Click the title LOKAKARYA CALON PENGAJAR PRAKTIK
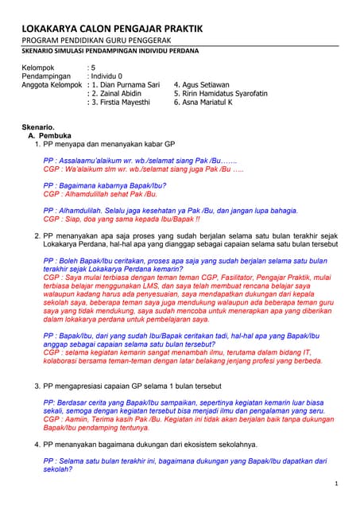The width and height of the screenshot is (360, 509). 111,29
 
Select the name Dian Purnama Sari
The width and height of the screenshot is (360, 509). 127,84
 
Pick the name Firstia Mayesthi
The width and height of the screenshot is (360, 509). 125,102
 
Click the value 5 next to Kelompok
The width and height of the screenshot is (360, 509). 93,67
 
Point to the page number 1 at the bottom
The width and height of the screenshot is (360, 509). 337,483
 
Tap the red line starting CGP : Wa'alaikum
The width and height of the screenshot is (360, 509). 143,169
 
